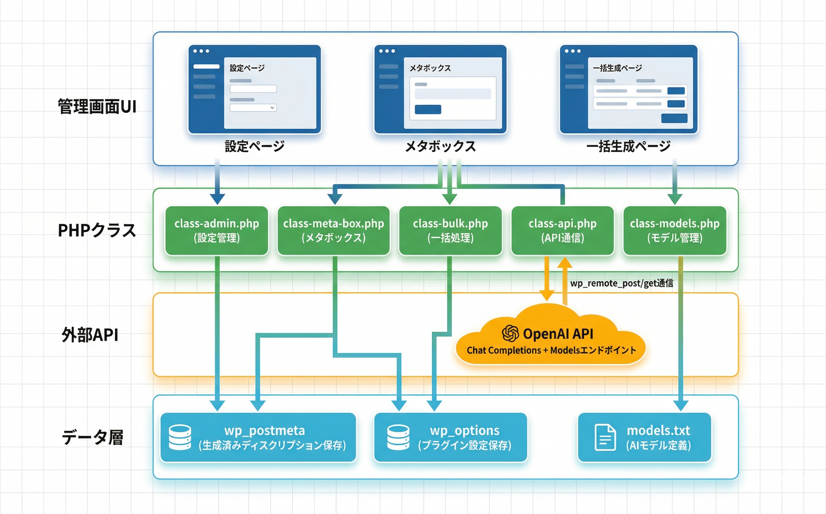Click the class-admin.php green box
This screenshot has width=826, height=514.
pos(217,231)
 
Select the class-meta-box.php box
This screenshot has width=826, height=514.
pos(334,231)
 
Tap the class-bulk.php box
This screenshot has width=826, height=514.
pos(450,231)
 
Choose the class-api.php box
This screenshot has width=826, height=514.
pos(562,231)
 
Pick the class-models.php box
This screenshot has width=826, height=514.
pos(675,231)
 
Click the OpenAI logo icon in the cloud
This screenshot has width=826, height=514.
pos(510,333)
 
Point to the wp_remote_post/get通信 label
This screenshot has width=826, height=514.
pos(621,283)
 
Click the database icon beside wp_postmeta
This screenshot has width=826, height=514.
pos(180,437)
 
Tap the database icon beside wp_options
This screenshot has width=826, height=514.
pos(398,437)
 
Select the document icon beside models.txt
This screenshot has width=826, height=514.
pos(605,437)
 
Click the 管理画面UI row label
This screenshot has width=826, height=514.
pos(97,107)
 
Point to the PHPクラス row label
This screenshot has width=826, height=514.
pos(97,231)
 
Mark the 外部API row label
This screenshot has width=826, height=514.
pos(90,335)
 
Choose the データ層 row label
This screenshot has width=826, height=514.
pos(93,437)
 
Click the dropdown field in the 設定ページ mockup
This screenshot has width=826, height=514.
pos(253,108)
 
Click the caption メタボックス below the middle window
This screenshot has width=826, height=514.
pos(440,146)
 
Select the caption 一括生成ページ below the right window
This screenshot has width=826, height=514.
pos(629,146)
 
